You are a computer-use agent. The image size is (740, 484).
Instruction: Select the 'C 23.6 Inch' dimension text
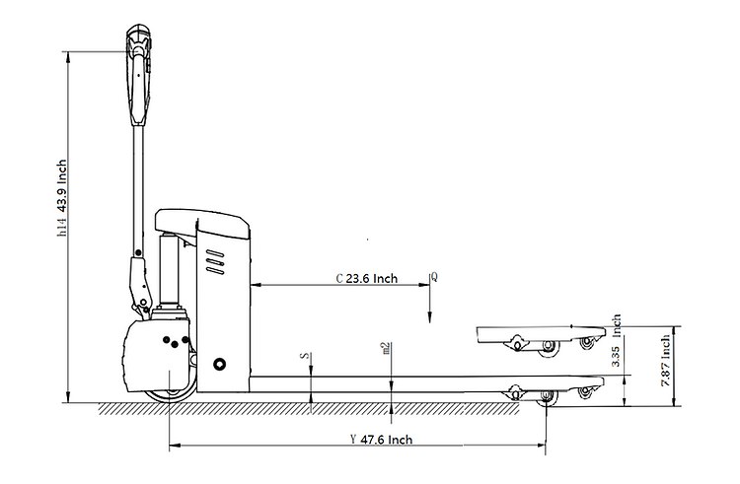[366, 278]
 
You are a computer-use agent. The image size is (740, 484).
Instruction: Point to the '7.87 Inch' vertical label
[667, 359]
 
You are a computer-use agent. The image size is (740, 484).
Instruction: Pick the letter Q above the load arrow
[434, 277]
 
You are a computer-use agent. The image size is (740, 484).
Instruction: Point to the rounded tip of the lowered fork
[598, 381]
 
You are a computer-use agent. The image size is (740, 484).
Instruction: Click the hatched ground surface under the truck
[296, 408]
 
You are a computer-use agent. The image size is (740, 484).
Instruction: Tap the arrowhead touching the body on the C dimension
[258, 286]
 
